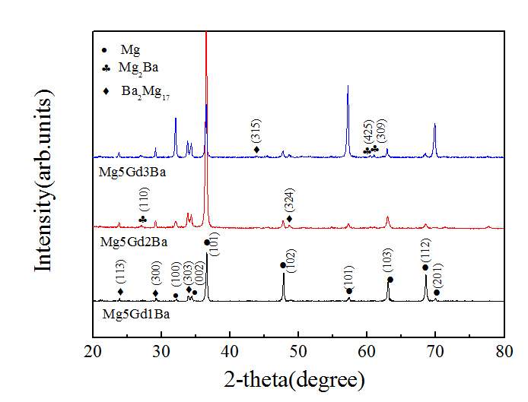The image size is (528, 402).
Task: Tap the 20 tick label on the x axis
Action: tap(93, 351)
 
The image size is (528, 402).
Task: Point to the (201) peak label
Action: tap(437, 274)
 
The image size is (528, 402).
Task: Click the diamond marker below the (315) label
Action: tap(256, 150)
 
